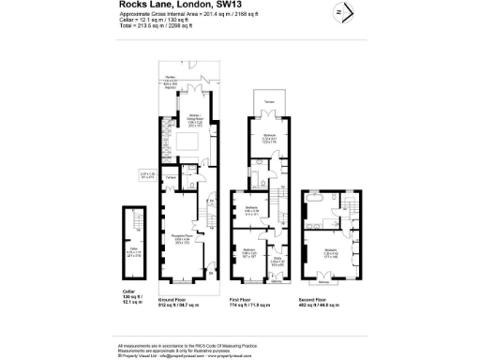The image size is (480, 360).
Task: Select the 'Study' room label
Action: tap(278, 259)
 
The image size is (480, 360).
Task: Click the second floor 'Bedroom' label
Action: tap(331, 251)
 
